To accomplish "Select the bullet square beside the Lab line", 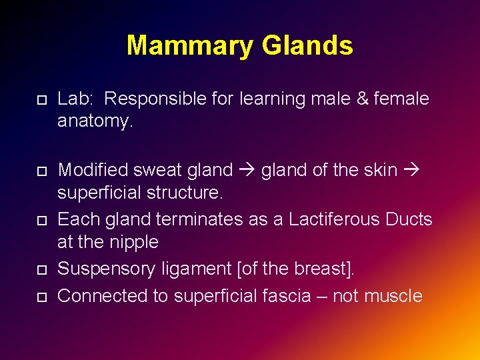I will [x=41, y=100].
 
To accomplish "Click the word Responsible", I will [x=151, y=99].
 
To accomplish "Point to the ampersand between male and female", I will [x=362, y=99].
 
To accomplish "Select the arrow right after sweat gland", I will [x=247, y=171].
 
